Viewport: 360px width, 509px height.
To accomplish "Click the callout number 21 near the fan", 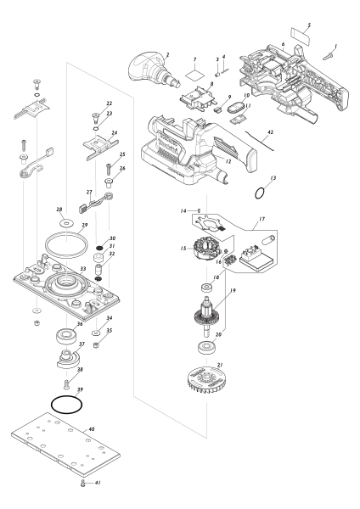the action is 220,365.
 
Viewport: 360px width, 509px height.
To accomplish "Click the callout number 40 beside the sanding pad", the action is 92,429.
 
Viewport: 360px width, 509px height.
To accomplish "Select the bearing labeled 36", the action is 66,335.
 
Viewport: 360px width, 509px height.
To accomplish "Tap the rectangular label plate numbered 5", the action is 300,36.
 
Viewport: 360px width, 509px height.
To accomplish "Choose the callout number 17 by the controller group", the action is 262,219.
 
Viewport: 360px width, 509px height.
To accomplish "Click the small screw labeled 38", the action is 67,385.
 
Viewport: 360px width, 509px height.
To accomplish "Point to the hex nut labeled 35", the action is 96,345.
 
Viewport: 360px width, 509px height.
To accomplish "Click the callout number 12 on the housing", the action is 228,161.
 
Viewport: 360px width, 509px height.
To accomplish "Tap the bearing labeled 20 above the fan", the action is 207,347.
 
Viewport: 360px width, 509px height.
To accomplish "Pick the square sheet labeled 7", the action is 195,76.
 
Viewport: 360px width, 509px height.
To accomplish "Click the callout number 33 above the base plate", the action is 83,269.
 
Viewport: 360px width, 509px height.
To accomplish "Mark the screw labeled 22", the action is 96,117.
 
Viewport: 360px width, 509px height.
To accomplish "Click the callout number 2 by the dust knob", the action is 167,55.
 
